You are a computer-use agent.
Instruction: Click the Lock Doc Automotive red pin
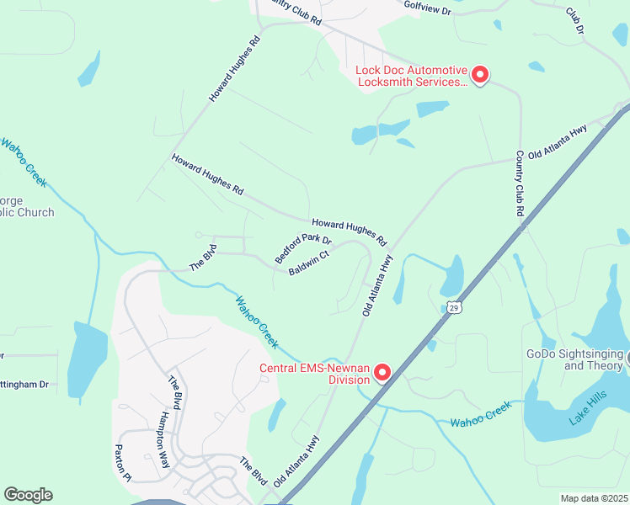[x=479, y=75]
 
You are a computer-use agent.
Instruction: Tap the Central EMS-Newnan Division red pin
[x=382, y=371]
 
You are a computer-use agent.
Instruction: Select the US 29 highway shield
[x=454, y=307]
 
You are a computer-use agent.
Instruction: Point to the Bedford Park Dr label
[x=303, y=248]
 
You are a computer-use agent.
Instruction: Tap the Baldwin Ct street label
[x=308, y=263]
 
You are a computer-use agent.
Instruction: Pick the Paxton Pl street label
[x=123, y=462]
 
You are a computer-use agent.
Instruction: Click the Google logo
[x=28, y=495]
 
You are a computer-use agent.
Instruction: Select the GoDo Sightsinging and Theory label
[x=574, y=360]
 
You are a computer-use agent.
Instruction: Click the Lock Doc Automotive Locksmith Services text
[x=411, y=76]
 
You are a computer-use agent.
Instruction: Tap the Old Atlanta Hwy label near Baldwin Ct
[x=378, y=286]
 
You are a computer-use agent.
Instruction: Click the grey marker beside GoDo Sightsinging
[x=626, y=359]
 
